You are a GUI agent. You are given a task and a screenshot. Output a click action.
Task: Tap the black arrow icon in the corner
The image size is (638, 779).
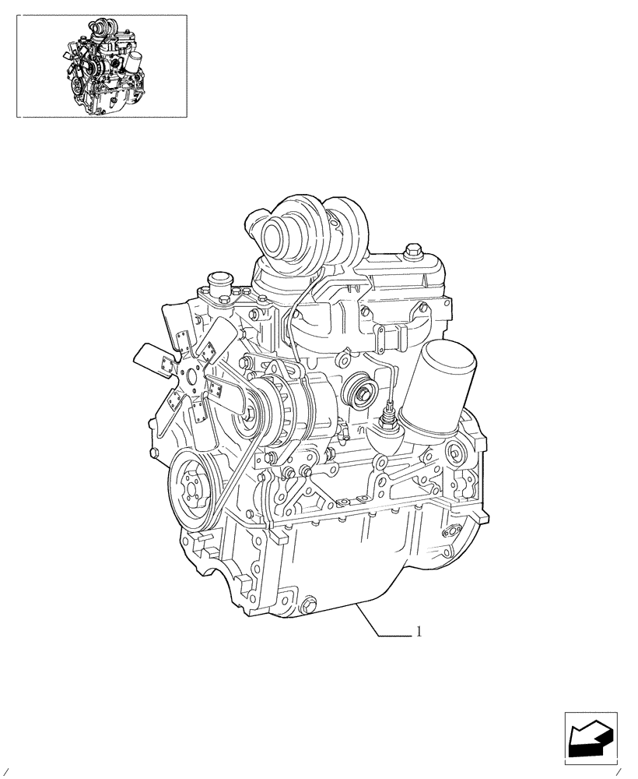(589, 737)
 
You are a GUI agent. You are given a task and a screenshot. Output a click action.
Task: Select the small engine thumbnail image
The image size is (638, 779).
(102, 66)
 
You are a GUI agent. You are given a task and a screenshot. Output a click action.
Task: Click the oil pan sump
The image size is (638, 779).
(342, 569)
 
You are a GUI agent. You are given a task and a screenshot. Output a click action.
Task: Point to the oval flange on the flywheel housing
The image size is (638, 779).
(448, 533)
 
